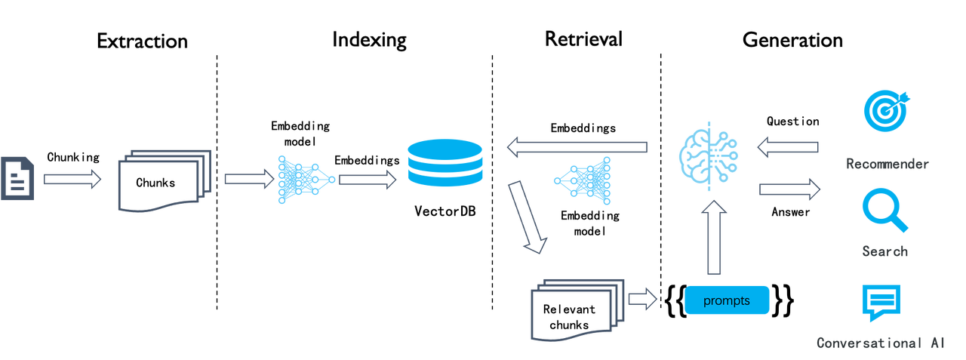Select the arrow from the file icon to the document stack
tap(72, 180)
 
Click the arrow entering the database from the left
tap(368, 180)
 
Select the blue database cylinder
tap(444, 162)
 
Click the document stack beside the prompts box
tap(578, 309)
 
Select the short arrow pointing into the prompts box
tap(643, 300)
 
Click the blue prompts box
tap(728, 300)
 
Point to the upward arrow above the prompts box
tap(715, 242)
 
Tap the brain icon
tap(709, 155)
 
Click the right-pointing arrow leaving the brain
tap(789, 189)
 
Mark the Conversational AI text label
tap(880, 343)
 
